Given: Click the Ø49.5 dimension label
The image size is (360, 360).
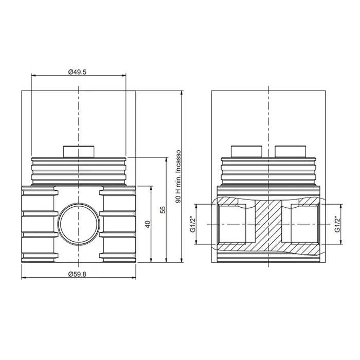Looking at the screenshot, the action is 77,72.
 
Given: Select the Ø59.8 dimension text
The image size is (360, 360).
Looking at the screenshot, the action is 77,274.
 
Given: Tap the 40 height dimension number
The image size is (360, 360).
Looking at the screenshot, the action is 148,224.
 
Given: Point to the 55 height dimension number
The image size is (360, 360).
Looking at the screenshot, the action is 163,210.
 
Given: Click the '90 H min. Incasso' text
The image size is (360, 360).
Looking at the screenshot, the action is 178,176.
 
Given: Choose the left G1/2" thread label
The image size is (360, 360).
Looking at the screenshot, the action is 193,224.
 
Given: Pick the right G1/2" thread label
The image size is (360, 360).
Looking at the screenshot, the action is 337,224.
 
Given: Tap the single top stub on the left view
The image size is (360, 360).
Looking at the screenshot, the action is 79,152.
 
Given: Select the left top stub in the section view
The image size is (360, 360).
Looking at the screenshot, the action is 246,152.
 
